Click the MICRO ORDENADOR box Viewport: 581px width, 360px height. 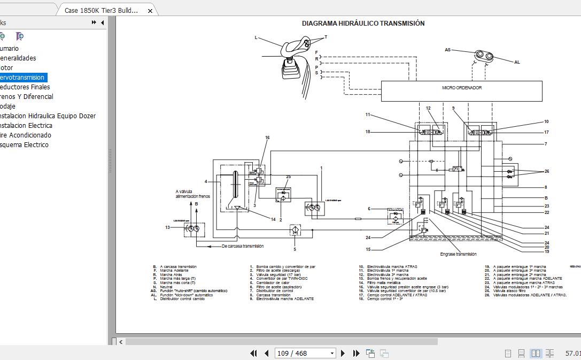pyautogui.click(x=461, y=90)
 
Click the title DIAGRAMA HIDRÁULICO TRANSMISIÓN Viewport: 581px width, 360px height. pyautogui.click(x=363, y=24)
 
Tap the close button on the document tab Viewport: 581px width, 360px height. pyautogui.click(x=150, y=11)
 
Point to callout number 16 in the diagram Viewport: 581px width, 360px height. pyautogui.click(x=267, y=138)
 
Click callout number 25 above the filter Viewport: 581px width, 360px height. pyautogui.click(x=288, y=177)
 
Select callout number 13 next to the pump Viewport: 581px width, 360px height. pyautogui.click(x=167, y=227)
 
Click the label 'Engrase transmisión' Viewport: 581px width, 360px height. pyautogui.click(x=458, y=255)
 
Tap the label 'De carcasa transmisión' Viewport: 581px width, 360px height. pyautogui.click(x=243, y=246)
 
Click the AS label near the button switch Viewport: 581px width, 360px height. pyautogui.click(x=447, y=50)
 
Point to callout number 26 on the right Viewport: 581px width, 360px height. pyautogui.click(x=546, y=171)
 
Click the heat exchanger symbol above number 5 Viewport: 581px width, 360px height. pyautogui.click(x=295, y=230)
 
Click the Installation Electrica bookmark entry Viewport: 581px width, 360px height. pyautogui.click(x=25, y=126)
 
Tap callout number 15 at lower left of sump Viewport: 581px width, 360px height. pyautogui.click(x=368, y=249)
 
